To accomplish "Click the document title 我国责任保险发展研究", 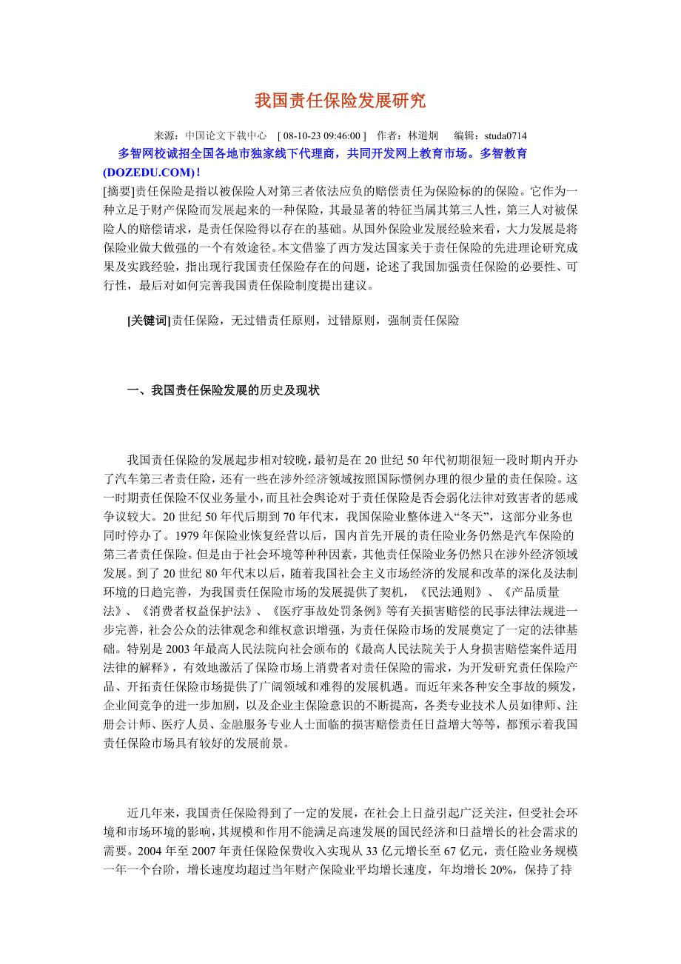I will (x=340, y=101).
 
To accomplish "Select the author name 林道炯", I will (x=423, y=136).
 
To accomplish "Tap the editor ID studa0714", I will (x=506, y=136).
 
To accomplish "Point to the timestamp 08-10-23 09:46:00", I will (x=321, y=136).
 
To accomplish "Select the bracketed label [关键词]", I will (x=149, y=321).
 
